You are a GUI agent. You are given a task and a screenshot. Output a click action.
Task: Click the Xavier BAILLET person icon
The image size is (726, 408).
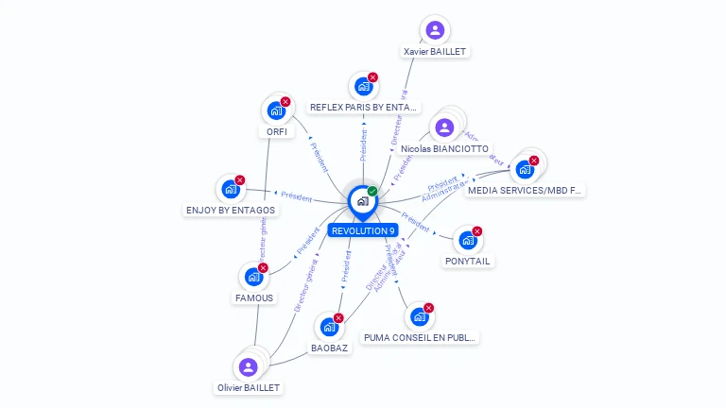pyautogui.click(x=435, y=30)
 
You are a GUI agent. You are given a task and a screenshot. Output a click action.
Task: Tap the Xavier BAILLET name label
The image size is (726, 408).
pyautogui.click(x=435, y=51)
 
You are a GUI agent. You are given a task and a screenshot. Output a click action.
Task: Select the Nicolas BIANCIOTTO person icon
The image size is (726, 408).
pyautogui.click(x=445, y=127)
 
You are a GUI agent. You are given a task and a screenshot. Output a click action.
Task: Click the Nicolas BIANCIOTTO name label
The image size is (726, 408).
pyautogui.click(x=444, y=149)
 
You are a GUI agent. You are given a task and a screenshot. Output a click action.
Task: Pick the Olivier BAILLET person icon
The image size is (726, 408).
pyautogui.click(x=249, y=366)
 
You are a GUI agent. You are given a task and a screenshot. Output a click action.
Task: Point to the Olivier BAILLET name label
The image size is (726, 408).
pyautogui.click(x=249, y=387)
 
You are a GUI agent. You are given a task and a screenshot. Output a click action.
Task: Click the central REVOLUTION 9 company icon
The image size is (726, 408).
pyautogui.click(x=362, y=200)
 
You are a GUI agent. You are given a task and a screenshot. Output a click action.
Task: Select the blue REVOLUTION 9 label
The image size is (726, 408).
pyautogui.click(x=363, y=230)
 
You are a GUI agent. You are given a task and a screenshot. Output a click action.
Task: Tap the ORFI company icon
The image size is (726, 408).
pyautogui.click(x=276, y=110)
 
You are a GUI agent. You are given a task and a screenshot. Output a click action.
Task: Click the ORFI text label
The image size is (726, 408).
pyautogui.click(x=277, y=131)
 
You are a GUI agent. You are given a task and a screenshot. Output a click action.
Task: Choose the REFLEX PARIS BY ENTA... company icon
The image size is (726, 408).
pyautogui.click(x=363, y=87)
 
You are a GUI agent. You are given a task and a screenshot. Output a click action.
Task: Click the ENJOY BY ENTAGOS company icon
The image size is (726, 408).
pyautogui.click(x=231, y=189)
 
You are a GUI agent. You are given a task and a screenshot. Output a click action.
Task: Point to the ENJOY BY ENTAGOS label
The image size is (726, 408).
pyautogui.click(x=231, y=210)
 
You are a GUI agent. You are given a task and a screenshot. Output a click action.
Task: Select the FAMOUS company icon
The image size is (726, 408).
pyautogui.click(x=253, y=277)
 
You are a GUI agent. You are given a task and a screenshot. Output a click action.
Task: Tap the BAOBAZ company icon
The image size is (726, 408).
pyautogui.click(x=329, y=327)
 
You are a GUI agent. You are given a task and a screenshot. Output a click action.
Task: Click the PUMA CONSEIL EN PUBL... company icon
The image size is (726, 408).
pyautogui.click(x=420, y=316)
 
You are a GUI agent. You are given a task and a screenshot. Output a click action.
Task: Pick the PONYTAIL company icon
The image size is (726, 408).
pyautogui.click(x=467, y=240)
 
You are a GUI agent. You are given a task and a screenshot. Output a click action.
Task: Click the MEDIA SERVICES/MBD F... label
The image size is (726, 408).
pyautogui.click(x=525, y=190)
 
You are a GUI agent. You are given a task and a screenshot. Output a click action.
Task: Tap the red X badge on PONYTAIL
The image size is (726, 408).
pyautogui.click(x=477, y=231)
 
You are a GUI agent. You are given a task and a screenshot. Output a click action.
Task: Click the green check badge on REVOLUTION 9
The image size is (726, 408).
pyautogui.click(x=372, y=192)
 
